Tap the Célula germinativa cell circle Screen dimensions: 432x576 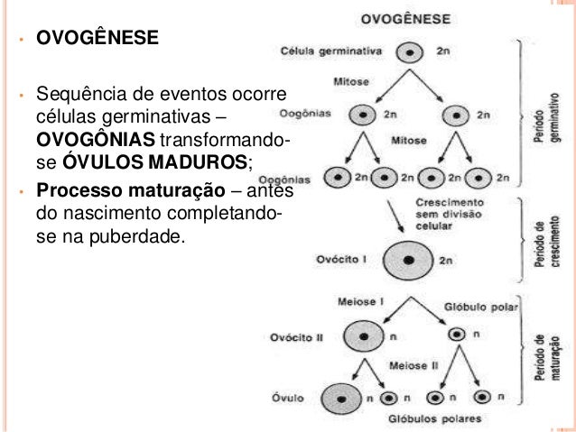tap(411, 51)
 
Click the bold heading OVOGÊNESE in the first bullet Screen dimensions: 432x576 tap(96, 40)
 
